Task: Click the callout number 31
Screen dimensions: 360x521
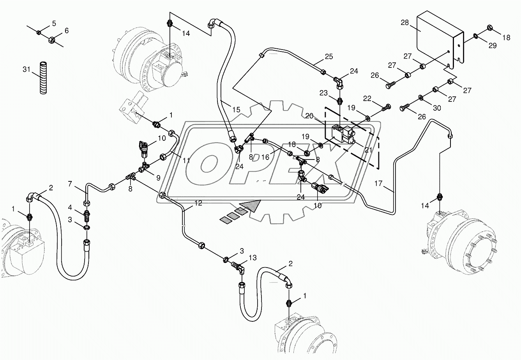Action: [26, 69]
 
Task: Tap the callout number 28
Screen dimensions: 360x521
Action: [404, 23]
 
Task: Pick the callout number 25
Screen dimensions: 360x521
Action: [329, 57]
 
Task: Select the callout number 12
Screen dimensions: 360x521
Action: [198, 203]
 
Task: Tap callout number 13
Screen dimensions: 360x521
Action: [253, 257]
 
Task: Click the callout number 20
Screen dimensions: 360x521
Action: [309, 115]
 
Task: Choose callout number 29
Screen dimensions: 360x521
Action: [493, 46]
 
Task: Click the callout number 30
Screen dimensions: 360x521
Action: [437, 108]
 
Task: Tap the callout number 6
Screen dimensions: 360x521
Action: [66, 31]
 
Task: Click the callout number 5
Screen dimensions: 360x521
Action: [54, 22]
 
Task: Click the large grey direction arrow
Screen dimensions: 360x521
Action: [249, 206]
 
